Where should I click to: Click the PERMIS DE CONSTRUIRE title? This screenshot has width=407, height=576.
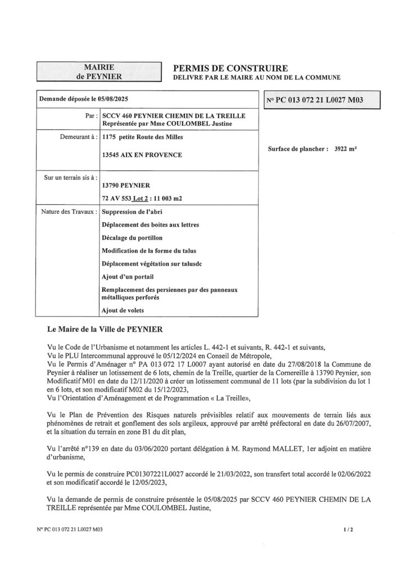(224, 67)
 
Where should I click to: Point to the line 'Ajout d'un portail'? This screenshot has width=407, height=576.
(128, 276)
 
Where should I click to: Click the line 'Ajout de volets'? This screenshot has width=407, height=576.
(123, 310)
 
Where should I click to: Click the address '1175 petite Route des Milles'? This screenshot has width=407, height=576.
(147, 137)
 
